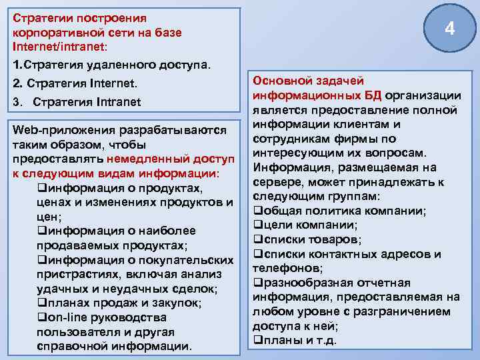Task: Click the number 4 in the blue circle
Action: coord(450,29)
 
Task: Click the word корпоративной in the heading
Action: coord(55,32)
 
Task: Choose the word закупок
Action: coord(174,303)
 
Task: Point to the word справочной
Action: coord(73,347)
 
